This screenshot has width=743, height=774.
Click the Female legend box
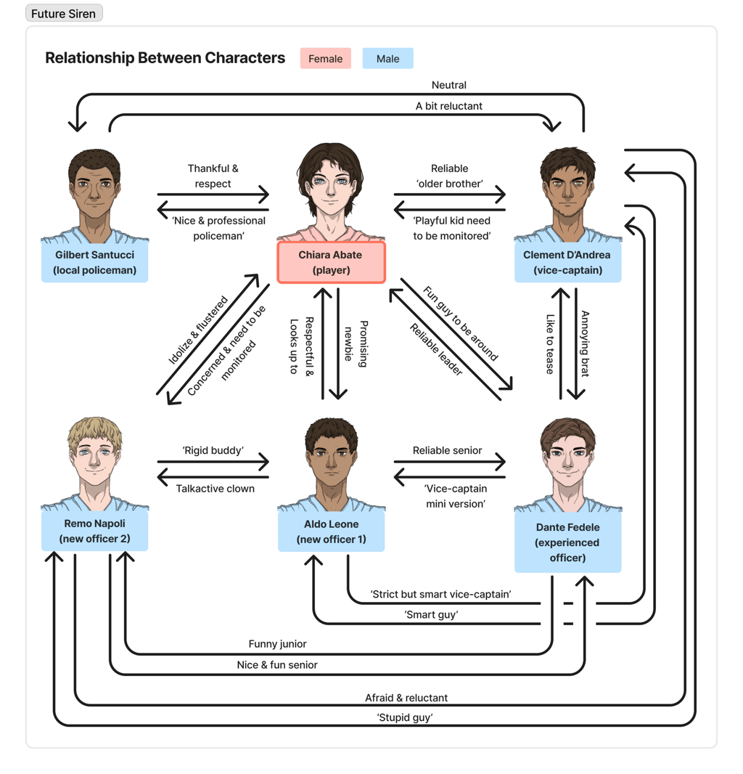tap(325, 59)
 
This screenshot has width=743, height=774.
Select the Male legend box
tap(387, 59)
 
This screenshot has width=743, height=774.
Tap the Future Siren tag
tap(63, 14)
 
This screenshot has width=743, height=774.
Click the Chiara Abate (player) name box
tap(330, 262)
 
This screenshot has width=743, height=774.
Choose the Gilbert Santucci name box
tap(94, 262)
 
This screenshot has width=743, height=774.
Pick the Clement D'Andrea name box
tap(567, 262)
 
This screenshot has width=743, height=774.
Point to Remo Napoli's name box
tap(94, 531)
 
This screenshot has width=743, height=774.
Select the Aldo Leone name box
tap(331, 531)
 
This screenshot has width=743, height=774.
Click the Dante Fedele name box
tap(567, 542)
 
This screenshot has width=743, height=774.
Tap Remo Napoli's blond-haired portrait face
tap(95, 457)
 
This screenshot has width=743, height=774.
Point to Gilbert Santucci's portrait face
tap(94, 190)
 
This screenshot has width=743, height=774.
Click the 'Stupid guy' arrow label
tap(405, 717)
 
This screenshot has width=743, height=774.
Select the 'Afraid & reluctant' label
tap(406, 698)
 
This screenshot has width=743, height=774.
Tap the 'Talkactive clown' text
tap(215, 489)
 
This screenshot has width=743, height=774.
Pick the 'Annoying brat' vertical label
tap(584, 344)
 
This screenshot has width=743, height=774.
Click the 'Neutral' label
tap(448, 85)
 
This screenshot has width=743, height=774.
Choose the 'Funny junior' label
tap(277, 643)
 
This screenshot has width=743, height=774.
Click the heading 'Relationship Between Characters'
tap(165, 58)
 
